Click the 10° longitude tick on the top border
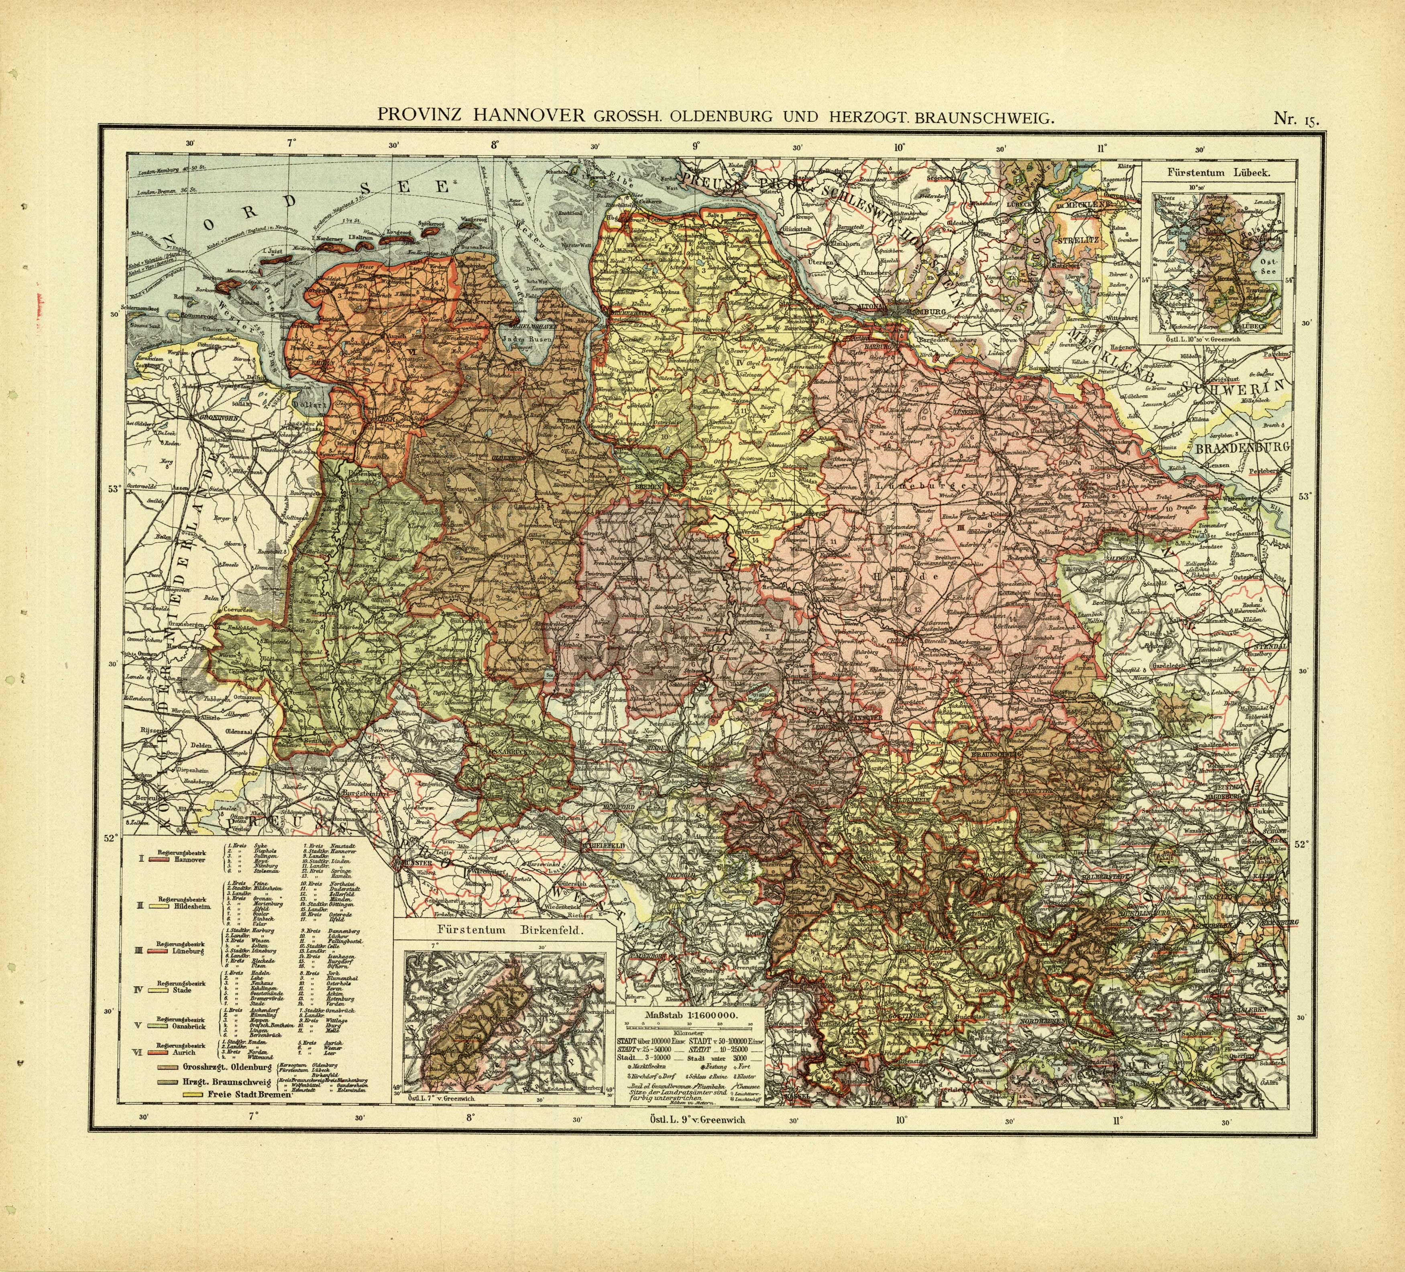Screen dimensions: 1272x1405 pos(899,147)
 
